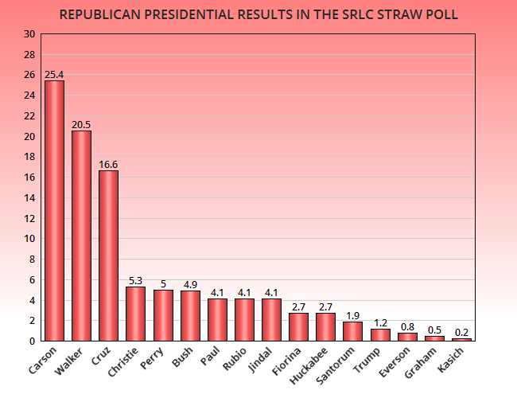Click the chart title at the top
click(x=258, y=14)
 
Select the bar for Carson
click(x=54, y=211)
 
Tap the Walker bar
click(x=81, y=236)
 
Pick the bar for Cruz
click(x=108, y=256)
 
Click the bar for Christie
click(x=135, y=314)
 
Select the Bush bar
click(x=190, y=315)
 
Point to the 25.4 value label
click(x=54, y=75)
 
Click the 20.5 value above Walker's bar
click(x=81, y=125)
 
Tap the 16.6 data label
click(x=108, y=165)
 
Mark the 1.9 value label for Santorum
click(x=352, y=316)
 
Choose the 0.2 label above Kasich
click(x=461, y=333)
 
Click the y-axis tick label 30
click(x=29, y=34)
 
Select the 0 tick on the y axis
click(x=32, y=341)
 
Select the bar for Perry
click(x=163, y=315)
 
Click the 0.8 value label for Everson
click(x=407, y=327)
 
